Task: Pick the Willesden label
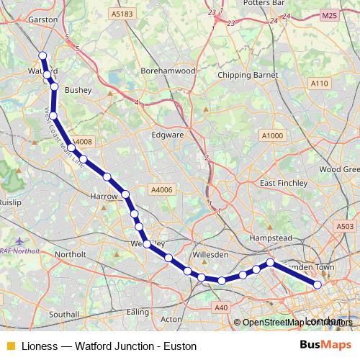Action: (x=211, y=255)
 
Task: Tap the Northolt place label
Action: (x=71, y=254)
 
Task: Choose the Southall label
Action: (x=64, y=315)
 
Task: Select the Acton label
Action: (x=171, y=318)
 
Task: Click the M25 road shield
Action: (x=330, y=15)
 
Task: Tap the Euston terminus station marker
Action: (x=318, y=285)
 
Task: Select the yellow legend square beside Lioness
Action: (x=10, y=346)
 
